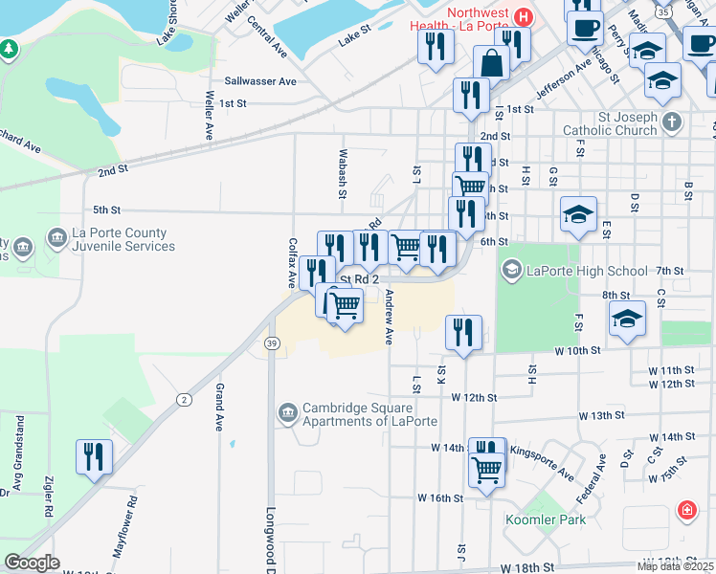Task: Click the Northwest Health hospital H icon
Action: [x=523, y=16]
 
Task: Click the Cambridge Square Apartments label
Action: [x=369, y=414]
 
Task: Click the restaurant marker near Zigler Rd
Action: [x=94, y=456]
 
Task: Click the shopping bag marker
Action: [x=491, y=64]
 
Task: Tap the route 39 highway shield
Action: [x=273, y=343]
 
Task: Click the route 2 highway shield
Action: [x=184, y=398]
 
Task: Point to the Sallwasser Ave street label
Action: [x=260, y=82]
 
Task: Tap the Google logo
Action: [x=32, y=563]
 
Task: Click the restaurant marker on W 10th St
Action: [x=464, y=334]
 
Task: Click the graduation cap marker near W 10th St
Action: [x=627, y=319]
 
